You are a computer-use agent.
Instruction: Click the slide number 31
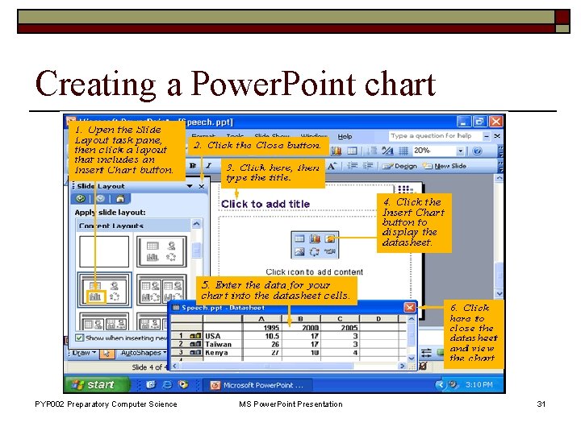(x=541, y=404)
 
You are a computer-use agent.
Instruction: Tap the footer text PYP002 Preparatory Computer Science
(x=106, y=404)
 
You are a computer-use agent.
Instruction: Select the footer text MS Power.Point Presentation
(x=290, y=404)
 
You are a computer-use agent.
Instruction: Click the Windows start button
(x=92, y=385)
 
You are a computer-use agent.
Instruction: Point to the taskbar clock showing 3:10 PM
(x=479, y=385)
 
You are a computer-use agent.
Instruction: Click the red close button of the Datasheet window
(x=411, y=307)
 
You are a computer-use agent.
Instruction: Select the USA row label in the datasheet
(x=213, y=336)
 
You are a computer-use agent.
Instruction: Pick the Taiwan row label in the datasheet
(x=218, y=344)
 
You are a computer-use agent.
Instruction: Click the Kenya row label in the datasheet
(x=216, y=352)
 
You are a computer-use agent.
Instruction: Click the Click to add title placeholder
(x=265, y=204)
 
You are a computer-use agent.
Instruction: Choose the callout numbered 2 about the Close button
(x=257, y=146)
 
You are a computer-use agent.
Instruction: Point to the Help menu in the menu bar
(x=345, y=135)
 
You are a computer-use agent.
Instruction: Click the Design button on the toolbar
(x=401, y=166)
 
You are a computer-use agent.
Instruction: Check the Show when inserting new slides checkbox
(x=79, y=338)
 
